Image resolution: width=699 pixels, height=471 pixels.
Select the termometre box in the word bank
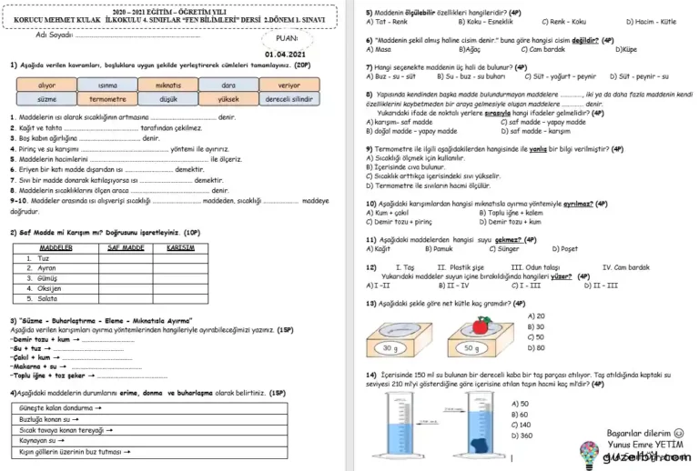pos(107,98)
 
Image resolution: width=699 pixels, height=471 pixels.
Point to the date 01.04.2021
pos(284,55)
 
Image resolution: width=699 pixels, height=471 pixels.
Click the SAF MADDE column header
pos(126,247)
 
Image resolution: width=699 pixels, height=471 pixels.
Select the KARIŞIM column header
pos(182,247)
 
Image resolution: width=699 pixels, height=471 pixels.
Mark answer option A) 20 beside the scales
pos(535,316)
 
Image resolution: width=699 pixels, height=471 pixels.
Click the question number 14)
pos(371,375)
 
